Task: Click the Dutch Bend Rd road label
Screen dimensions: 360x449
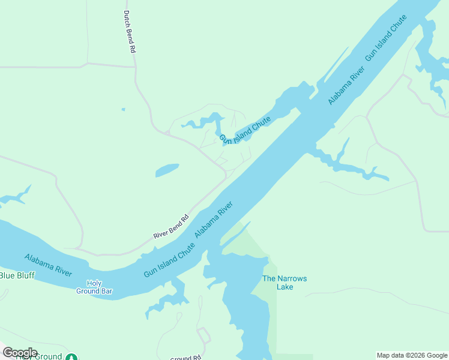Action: [x=129, y=32]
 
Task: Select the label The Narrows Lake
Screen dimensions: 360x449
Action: [x=285, y=283]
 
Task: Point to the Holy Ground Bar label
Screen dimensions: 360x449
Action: [x=95, y=287]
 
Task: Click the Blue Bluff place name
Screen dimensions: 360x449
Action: [x=17, y=275]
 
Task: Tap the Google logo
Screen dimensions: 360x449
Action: [x=20, y=352]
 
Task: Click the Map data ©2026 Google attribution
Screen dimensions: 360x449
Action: [x=412, y=355]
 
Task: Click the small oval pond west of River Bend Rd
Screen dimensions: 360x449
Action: [x=167, y=170]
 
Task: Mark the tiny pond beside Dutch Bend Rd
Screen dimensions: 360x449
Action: [x=123, y=109]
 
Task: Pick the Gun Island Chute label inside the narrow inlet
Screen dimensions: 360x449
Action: [x=245, y=131]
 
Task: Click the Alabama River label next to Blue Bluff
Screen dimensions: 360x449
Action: [x=48, y=265]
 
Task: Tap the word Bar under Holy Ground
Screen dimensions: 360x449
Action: [x=106, y=292]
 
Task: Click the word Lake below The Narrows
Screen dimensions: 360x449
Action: [x=285, y=287]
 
